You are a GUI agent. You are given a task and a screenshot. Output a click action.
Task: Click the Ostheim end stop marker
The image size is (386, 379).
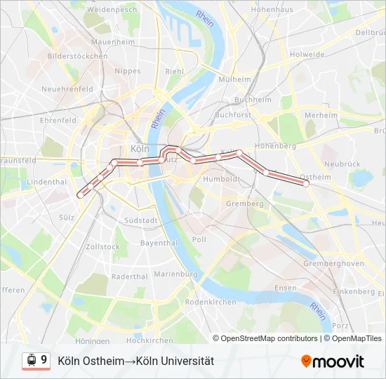(306, 183)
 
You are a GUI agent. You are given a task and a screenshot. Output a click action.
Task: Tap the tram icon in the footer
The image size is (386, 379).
(31, 361)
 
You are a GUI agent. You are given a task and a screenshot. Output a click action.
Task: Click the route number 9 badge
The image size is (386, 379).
(44, 361)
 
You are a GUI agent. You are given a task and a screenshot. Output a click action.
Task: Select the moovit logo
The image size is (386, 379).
(333, 361)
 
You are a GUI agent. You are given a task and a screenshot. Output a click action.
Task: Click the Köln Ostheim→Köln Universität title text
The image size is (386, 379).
(135, 361)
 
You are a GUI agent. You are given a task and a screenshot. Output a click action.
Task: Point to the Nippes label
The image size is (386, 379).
(128, 71)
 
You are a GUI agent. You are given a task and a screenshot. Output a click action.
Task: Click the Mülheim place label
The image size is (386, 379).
(235, 79)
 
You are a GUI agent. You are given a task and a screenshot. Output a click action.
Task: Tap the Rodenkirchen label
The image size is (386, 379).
(211, 302)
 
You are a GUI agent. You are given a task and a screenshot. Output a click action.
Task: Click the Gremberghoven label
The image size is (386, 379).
(333, 264)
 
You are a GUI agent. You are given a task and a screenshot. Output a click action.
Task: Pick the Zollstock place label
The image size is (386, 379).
(102, 247)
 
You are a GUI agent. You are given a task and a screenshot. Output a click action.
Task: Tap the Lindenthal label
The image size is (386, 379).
(46, 181)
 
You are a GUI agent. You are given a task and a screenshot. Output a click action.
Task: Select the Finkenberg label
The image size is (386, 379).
(354, 291)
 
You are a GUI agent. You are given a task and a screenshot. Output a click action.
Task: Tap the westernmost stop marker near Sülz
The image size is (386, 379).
(80, 196)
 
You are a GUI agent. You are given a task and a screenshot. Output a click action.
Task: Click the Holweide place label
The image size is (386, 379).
(307, 54)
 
